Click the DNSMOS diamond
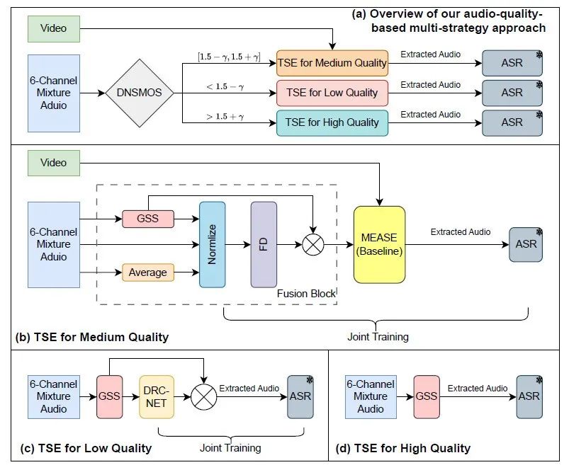tap(140, 93)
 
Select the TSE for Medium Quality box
tap(333, 63)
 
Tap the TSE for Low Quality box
tap(332, 93)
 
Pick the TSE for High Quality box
tap(332, 122)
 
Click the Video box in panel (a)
tap(54, 28)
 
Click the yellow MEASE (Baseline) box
tap(379, 244)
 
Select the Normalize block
tap(212, 244)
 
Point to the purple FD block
tap(263, 244)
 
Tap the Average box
tap(148, 272)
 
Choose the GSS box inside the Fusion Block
tap(148, 219)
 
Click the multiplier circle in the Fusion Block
tap(312, 244)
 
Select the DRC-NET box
tap(157, 397)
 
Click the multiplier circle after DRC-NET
tap(203, 397)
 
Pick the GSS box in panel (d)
tap(427, 396)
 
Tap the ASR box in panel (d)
tap(529, 396)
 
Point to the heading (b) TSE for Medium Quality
tap(92, 337)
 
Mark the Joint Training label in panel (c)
tap(230, 447)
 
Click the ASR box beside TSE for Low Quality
tap(512, 93)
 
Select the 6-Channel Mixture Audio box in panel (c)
tap(54, 396)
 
